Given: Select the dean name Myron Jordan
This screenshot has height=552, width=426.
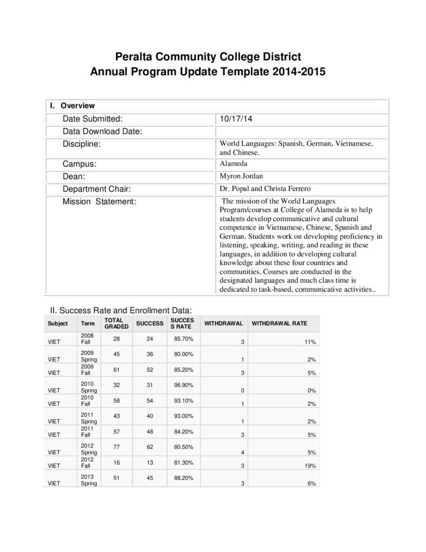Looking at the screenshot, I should [x=240, y=176].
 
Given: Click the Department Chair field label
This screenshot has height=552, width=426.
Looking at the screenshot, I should [x=97, y=189].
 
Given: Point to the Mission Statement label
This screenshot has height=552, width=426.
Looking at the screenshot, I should [x=99, y=202].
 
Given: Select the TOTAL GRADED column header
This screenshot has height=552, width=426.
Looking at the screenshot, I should [x=116, y=323].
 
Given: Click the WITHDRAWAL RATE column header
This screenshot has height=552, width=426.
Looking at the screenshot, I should [x=280, y=323].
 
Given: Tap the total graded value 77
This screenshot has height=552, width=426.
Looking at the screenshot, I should [x=117, y=447].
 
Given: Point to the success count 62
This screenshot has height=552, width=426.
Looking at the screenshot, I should [x=149, y=447].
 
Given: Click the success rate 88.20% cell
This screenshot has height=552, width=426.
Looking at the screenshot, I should [x=184, y=477].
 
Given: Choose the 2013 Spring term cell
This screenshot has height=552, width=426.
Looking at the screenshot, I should [x=88, y=480].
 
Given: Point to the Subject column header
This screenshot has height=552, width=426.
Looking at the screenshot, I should [x=58, y=323].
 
